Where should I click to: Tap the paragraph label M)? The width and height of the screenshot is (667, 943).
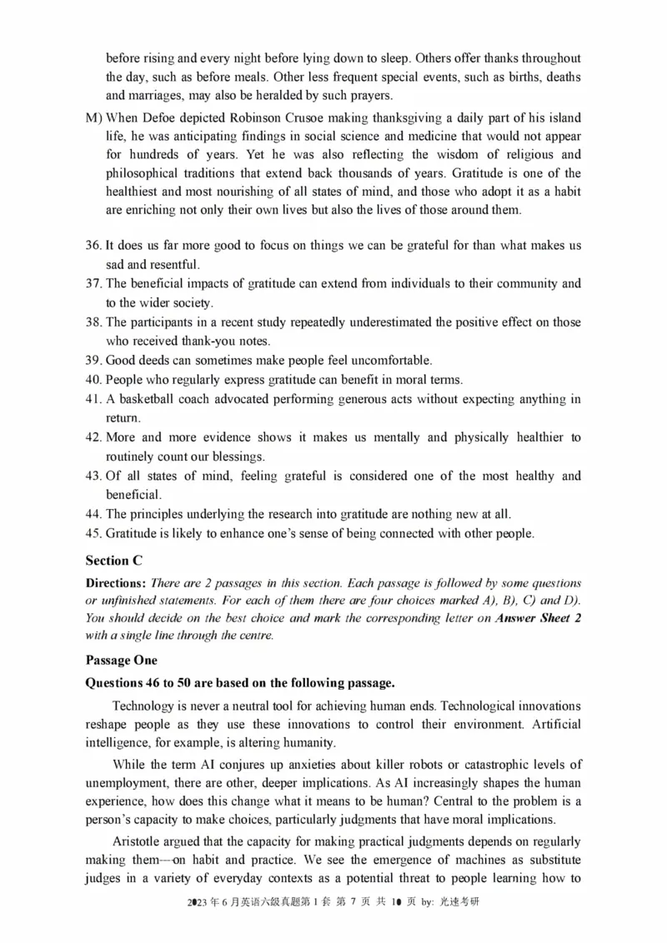(94, 118)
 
